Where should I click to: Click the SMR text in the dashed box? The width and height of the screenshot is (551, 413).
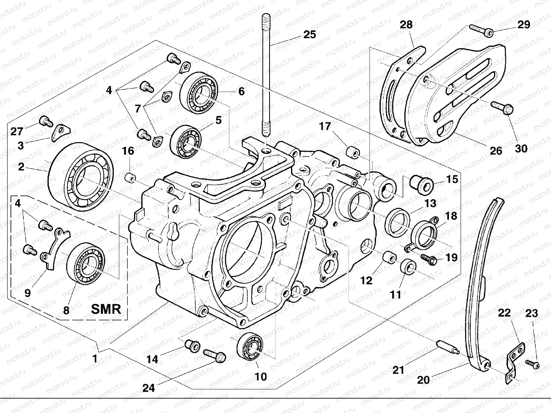[x=106, y=309]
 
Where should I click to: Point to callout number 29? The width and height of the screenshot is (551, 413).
[x=524, y=24]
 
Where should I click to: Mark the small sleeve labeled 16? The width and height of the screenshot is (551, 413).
[x=130, y=179]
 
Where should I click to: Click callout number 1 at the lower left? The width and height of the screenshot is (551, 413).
[x=95, y=359]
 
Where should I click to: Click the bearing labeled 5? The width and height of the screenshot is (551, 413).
[x=186, y=141]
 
